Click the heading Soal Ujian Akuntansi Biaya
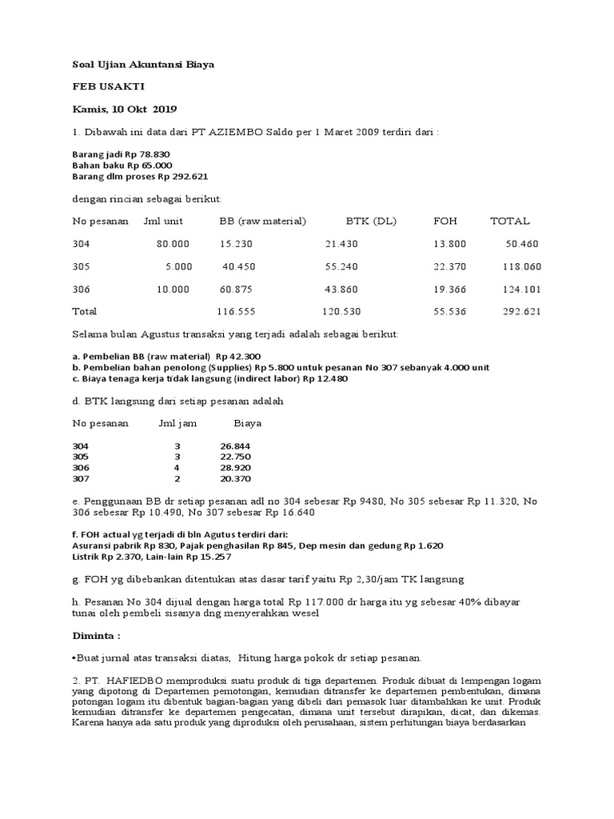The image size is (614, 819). (x=143, y=64)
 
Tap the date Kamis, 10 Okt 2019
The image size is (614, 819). (x=125, y=109)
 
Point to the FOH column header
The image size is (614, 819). (x=445, y=221)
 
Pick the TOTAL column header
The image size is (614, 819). (x=509, y=221)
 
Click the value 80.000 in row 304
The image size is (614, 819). (x=173, y=243)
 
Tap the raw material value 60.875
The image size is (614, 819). (x=236, y=289)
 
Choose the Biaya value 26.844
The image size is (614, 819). (x=235, y=445)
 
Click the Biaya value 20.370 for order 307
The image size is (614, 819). (x=235, y=479)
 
